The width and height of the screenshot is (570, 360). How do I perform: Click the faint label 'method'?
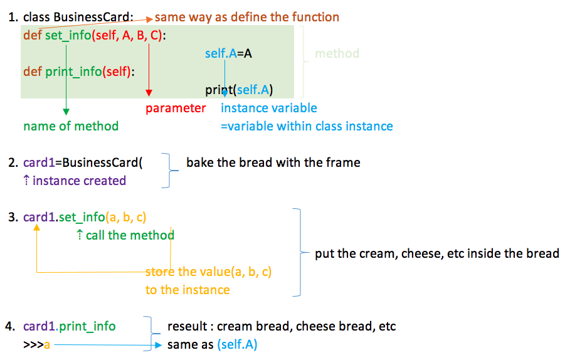point(337,54)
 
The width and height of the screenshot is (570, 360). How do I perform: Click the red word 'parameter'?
point(176,109)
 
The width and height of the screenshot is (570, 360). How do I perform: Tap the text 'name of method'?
point(71,126)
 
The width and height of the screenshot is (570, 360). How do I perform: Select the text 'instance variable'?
point(269,108)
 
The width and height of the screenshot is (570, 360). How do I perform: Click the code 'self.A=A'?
point(228,54)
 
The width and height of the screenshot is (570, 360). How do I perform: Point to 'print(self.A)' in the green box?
point(239,90)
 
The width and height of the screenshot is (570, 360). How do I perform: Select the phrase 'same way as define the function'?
point(247,18)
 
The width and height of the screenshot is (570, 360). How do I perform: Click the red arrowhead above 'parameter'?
point(149,93)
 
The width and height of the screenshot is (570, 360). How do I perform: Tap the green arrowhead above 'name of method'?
point(66,112)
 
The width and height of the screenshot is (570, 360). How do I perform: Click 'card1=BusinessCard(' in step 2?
point(83,163)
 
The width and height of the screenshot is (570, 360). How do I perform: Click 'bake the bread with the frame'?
point(273,162)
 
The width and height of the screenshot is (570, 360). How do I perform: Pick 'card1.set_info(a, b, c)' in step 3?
point(85,218)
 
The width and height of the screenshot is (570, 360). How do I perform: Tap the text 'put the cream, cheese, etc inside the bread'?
point(436,253)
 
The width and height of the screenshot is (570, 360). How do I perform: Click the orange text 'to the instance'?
point(187,290)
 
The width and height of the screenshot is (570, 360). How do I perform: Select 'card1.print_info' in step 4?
point(69,326)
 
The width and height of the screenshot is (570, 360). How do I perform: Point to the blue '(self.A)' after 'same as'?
point(237,344)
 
